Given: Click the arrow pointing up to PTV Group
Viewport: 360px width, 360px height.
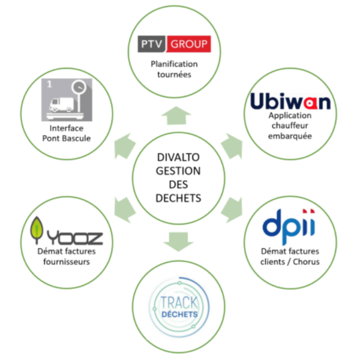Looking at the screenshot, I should (x=178, y=116).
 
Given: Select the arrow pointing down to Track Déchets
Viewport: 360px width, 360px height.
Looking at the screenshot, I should (x=178, y=240).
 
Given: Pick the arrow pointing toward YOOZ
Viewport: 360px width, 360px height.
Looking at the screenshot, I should (x=124, y=210).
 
